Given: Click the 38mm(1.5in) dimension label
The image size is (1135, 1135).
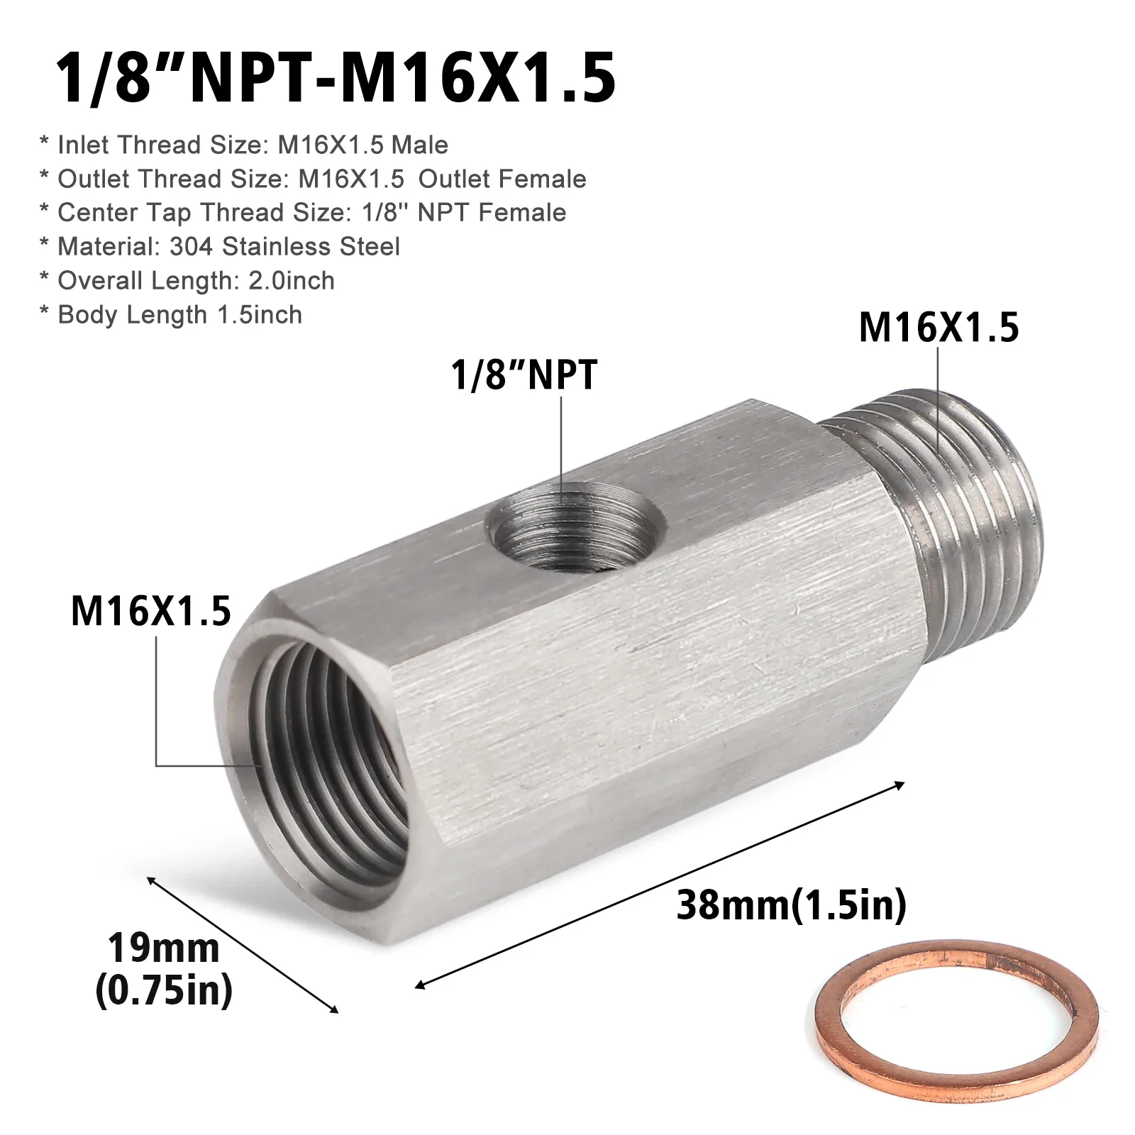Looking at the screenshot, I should tap(792, 906).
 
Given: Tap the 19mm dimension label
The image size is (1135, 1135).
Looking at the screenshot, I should tap(164, 948).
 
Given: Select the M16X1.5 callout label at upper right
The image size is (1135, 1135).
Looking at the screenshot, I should tap(939, 328).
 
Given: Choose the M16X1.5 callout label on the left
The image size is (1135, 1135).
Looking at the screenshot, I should tap(151, 611).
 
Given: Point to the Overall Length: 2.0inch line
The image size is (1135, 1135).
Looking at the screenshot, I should tap(196, 281).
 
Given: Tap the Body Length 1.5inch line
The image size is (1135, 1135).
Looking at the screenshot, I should tap(179, 315).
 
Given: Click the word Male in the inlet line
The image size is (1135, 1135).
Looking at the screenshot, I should tap(420, 145).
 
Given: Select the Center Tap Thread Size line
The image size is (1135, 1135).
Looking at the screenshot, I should tap(311, 213).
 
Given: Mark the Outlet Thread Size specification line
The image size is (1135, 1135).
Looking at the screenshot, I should tap(321, 179).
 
